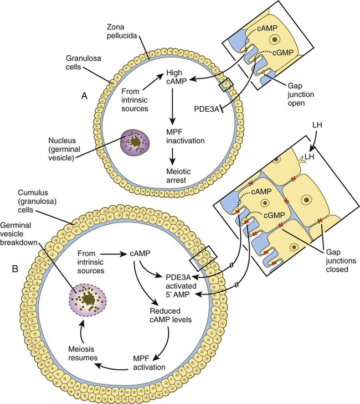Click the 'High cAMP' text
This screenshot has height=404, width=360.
tap(173, 77)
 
